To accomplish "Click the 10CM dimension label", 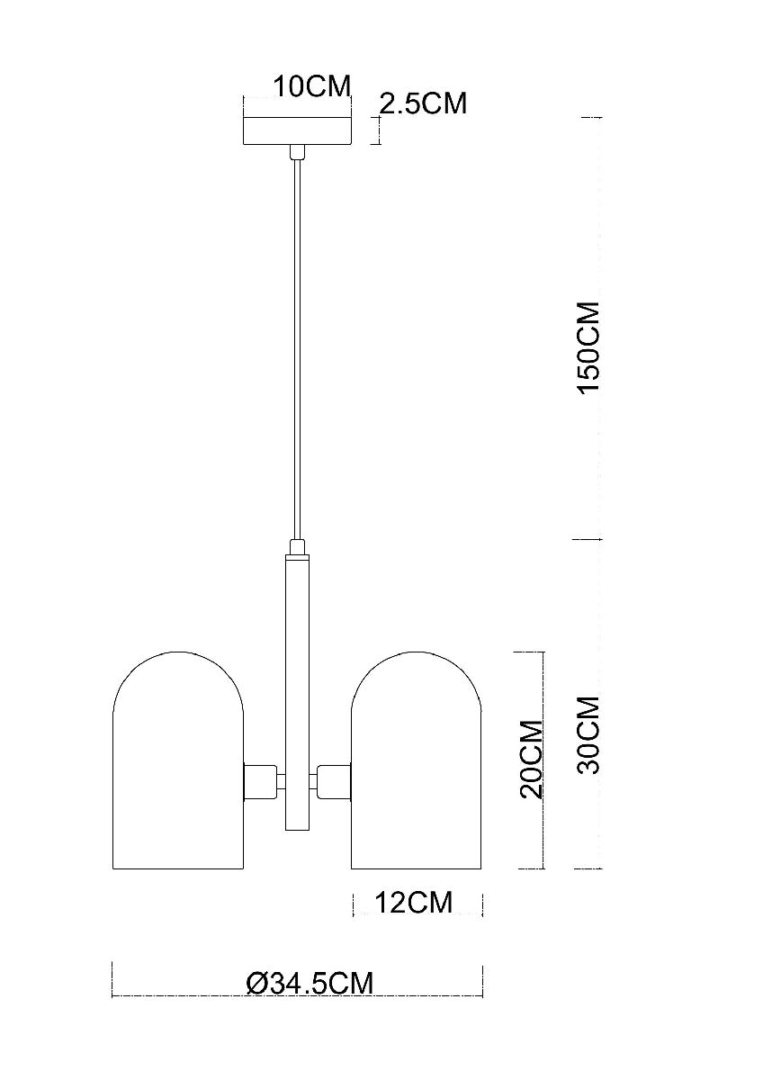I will (311, 86).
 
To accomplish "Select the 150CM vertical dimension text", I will (588, 347).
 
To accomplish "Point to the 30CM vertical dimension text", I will (588, 735).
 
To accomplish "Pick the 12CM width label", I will (413, 901).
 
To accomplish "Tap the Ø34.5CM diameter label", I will (309, 983).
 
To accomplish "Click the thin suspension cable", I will (297, 351).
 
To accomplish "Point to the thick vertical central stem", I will (297, 693).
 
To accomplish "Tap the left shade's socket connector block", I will (260, 779).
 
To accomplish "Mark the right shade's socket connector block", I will (334, 779).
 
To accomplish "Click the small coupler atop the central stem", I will (297, 546).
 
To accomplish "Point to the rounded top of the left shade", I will (177, 661).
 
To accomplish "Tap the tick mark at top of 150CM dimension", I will (589, 118).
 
